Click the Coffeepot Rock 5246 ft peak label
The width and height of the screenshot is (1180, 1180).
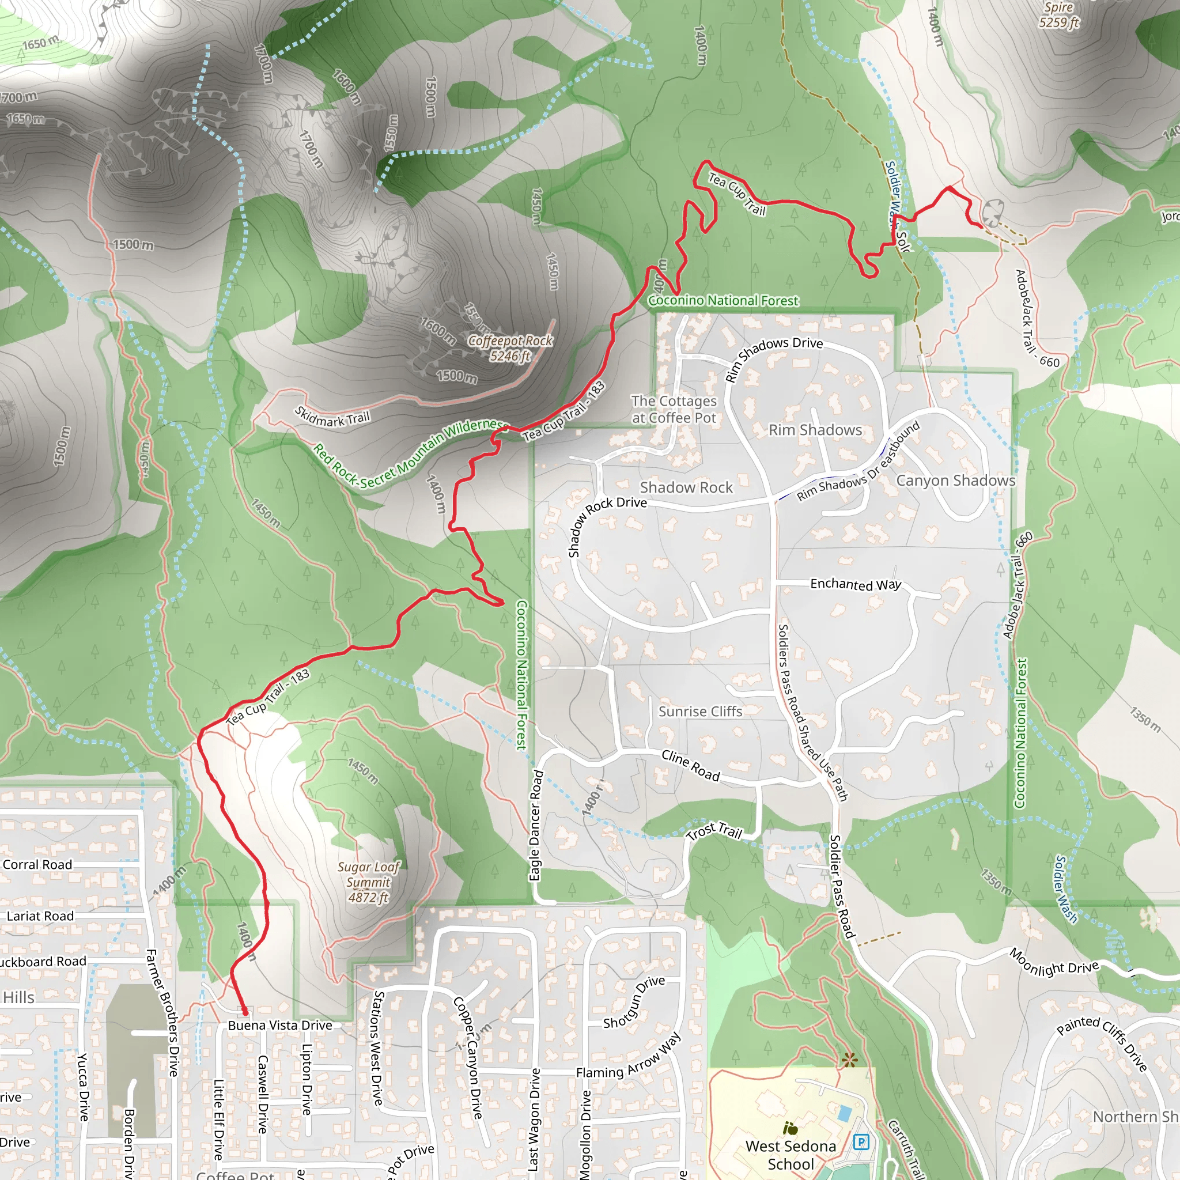(x=510, y=348)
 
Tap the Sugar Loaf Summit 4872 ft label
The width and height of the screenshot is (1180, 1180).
(x=368, y=882)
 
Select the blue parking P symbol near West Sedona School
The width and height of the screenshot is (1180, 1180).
(x=861, y=1141)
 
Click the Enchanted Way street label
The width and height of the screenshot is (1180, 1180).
(x=855, y=584)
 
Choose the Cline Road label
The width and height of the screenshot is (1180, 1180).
(x=691, y=765)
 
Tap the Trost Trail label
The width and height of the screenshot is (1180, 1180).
(x=714, y=831)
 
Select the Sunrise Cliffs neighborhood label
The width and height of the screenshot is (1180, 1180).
(x=700, y=712)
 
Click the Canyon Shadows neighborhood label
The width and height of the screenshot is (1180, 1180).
(x=955, y=481)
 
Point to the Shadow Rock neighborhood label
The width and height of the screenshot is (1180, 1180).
(x=686, y=487)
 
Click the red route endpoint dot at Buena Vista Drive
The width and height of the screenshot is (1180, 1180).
(x=244, y=1012)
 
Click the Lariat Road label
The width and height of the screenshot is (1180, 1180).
(x=40, y=916)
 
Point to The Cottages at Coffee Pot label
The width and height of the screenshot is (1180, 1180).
(x=674, y=409)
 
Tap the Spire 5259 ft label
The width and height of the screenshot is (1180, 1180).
(x=1058, y=14)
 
